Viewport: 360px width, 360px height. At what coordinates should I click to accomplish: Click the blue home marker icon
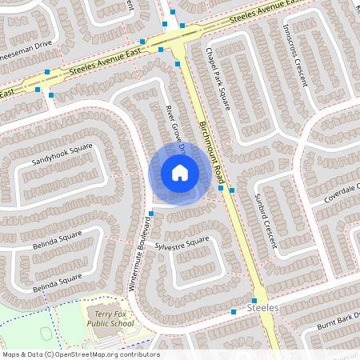(x=179, y=172)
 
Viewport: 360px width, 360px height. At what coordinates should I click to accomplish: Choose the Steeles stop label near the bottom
(x=263, y=308)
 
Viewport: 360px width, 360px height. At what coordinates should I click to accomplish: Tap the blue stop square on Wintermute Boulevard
(x=150, y=213)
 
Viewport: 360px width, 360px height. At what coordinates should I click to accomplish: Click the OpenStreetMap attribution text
(x=81, y=354)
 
